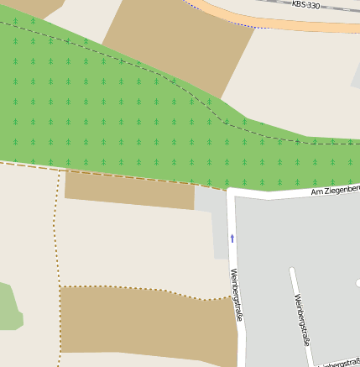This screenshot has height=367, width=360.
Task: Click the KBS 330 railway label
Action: pos(305,5)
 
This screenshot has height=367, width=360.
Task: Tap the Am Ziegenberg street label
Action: pos(335,191)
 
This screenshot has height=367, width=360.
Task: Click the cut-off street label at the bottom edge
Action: pos(340,363)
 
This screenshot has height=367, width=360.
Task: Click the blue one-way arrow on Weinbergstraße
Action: pos(232,239)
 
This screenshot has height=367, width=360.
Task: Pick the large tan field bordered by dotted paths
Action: pos(143,328)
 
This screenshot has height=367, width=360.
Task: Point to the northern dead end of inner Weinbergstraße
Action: pos(291,270)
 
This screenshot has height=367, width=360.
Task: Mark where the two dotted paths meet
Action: pos(60,288)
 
